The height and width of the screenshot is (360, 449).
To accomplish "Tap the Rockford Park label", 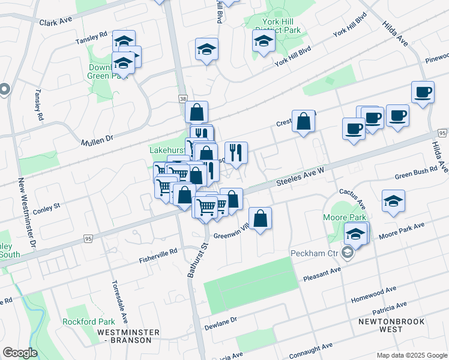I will coord(88,321).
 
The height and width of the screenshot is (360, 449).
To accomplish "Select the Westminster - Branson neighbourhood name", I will coord(128,337).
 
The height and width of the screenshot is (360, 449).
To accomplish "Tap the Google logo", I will coord(20,353).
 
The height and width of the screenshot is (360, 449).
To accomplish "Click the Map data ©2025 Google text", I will coord(411,355).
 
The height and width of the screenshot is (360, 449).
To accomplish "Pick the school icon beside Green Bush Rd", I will coord(393,201).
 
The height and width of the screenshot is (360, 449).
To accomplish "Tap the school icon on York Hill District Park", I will coord(264,41).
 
